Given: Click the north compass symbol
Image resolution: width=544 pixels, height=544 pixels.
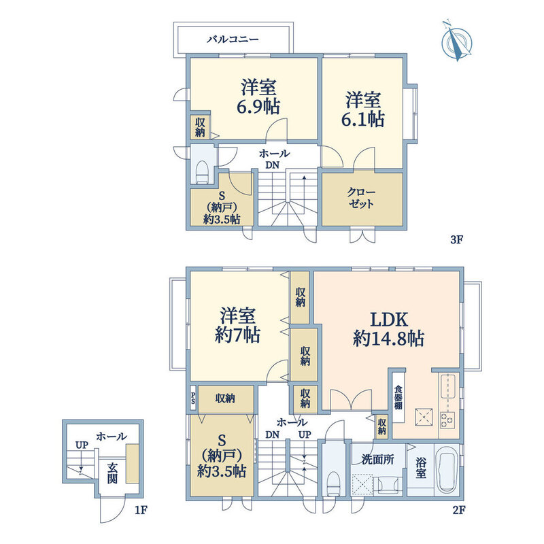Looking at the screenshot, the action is click(x=456, y=41).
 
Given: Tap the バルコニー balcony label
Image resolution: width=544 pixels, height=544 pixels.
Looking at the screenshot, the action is click(x=233, y=39).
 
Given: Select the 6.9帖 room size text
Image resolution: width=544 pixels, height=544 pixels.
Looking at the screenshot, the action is click(x=258, y=106).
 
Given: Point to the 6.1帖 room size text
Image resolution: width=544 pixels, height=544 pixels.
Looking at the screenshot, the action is click(x=363, y=119).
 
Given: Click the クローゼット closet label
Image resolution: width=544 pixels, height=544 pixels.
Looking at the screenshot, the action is click(x=361, y=198).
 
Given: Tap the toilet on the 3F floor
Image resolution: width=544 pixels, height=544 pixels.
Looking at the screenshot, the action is click(x=201, y=173).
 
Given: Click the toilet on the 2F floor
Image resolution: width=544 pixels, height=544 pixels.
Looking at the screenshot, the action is click(x=333, y=483).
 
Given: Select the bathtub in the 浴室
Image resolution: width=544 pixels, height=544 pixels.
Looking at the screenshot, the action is click(x=447, y=469).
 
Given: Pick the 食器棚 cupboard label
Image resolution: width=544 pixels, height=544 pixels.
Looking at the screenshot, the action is click(x=398, y=397).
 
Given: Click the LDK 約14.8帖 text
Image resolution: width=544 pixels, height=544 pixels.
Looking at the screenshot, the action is click(x=388, y=328).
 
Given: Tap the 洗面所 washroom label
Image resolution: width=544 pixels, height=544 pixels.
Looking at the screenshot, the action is click(x=378, y=460).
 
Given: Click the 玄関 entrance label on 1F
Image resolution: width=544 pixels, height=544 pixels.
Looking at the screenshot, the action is click(x=112, y=473).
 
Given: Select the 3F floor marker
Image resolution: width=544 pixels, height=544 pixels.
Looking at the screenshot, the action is click(x=457, y=239).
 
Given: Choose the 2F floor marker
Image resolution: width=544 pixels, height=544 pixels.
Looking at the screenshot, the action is click(x=458, y=511).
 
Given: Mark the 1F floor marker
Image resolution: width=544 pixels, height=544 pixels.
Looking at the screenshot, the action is click(x=141, y=511).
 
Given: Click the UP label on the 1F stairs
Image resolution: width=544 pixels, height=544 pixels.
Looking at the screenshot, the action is click(x=82, y=445).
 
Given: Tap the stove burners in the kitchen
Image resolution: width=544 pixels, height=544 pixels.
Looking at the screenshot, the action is click(x=447, y=420).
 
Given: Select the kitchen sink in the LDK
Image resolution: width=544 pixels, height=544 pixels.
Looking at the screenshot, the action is click(x=447, y=387).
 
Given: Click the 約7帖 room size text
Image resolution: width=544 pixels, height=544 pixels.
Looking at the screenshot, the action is click(x=237, y=335).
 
